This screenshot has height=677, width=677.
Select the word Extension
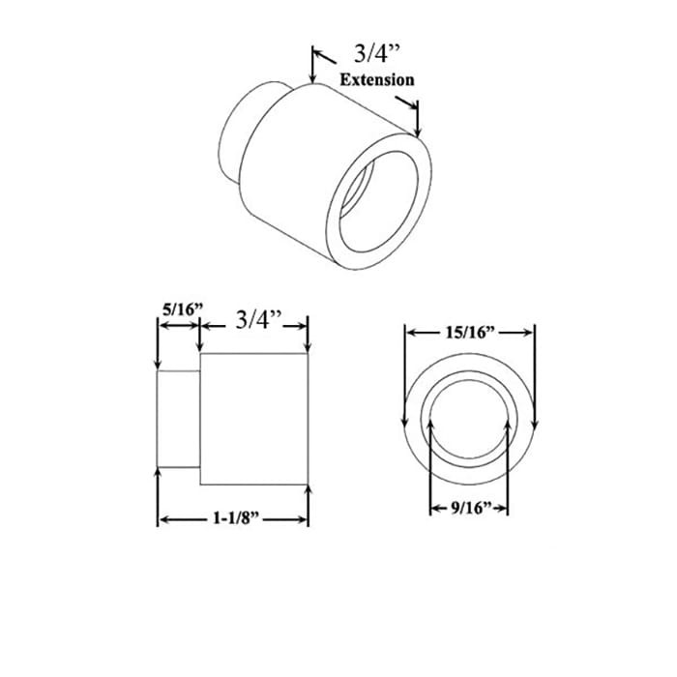(376, 80)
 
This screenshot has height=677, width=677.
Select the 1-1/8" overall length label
(233, 519)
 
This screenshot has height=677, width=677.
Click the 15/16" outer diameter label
(469, 332)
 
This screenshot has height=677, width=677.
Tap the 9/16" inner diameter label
(469, 507)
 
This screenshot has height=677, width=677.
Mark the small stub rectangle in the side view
(179, 421)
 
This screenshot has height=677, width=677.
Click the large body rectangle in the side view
(253, 419)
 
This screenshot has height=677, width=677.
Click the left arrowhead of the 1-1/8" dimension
(162, 520)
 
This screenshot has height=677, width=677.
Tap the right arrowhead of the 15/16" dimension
(530, 332)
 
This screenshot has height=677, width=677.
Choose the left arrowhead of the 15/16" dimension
(408, 332)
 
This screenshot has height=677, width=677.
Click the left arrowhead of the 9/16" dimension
(432, 507)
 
